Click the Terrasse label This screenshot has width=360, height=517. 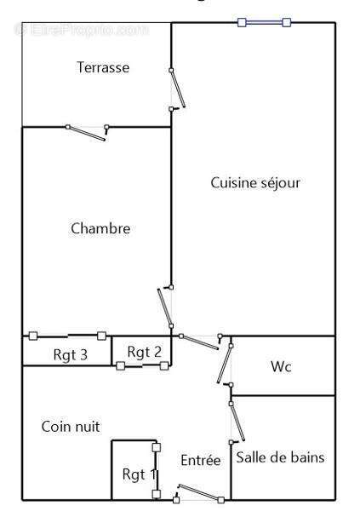tap(103, 67)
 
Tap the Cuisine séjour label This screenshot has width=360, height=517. tap(255, 182)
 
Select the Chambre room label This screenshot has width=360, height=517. tap(100, 228)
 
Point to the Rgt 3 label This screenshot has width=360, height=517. tap(71, 355)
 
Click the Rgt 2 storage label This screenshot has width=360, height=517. tap(144, 351)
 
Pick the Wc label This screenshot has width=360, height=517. tap(282, 367)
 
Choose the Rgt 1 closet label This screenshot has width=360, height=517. tap(138, 474)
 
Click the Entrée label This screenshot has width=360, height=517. tap(201, 460)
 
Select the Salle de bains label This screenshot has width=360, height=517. tap(280, 457)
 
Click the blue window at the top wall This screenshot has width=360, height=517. tap(265, 22)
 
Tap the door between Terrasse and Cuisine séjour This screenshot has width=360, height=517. tap(177, 89)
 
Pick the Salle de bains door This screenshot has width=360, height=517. tap(237, 421)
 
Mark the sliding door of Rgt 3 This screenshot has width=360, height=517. tap(67, 336)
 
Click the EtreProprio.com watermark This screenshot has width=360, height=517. tap(83, 30)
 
